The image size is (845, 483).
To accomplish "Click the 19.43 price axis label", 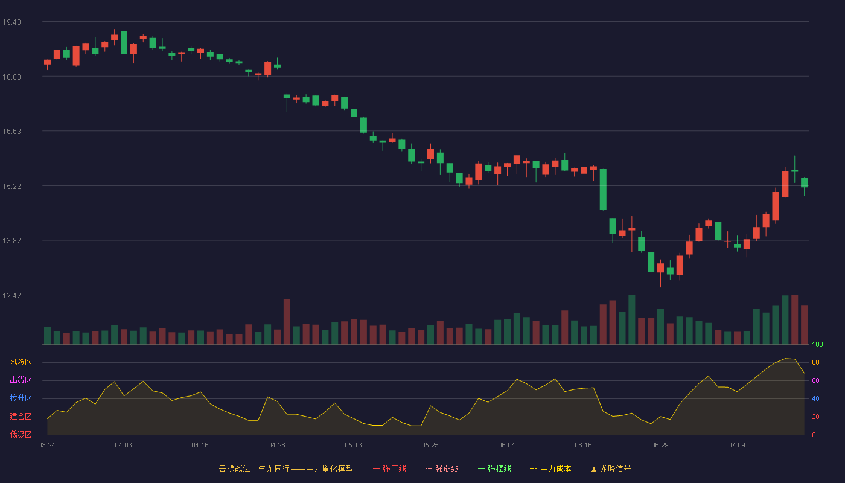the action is point(11,22).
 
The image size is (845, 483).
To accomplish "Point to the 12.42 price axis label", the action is point(11,296).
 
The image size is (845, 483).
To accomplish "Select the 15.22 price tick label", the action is point(11,187).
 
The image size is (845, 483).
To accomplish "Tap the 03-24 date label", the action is point(47,446).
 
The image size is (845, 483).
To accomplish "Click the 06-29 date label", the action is point(660,446).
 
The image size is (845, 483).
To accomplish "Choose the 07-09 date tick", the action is point(736,446).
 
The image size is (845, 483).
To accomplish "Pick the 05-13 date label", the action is point(353,446).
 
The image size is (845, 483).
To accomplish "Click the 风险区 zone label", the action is point(21,362).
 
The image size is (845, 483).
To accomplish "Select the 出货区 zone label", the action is point(21,380).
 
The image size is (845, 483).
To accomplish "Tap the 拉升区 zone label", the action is point(21,398).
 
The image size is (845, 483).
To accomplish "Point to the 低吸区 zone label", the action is point(21,434).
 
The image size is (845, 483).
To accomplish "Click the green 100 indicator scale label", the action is point(817,344).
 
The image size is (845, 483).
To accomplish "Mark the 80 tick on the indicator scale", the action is point(815,362).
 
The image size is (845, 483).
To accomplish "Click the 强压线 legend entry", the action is point(389,469).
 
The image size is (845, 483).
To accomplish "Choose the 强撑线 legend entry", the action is point(494,469).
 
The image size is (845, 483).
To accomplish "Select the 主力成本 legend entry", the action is point(550,469).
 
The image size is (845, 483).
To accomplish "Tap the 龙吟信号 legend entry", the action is point(611,469).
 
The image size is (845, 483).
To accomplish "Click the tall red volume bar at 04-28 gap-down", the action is point(287,321).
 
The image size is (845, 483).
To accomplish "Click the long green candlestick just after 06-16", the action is point(603,190).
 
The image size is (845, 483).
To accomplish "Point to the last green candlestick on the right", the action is point(804,182).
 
